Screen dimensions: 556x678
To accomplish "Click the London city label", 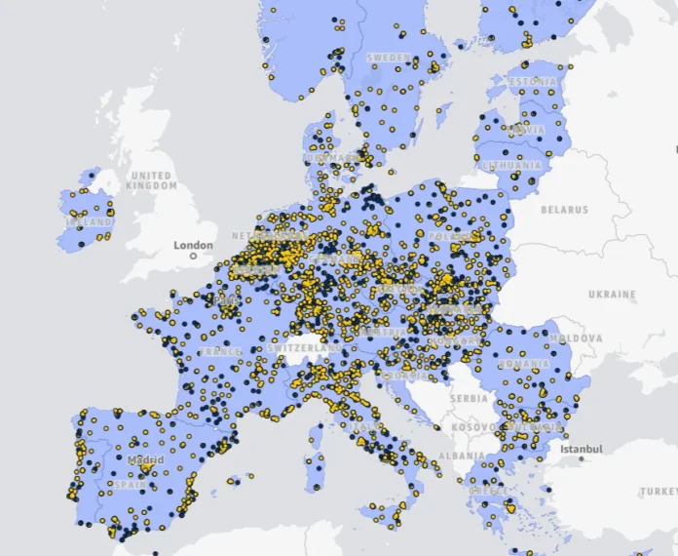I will coord(193,245).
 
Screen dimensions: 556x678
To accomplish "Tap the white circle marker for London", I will coord(193,256).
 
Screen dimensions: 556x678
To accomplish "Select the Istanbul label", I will coord(583,449).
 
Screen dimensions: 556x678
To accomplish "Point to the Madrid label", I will coord(145,459).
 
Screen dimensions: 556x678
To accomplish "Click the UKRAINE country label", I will coord(612,294).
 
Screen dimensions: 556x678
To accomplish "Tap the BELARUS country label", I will coord(565,210).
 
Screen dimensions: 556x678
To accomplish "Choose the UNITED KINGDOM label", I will coord(152,180).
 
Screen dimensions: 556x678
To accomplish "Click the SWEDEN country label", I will coord(390,59).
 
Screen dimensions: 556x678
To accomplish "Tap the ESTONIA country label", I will coord(532,81).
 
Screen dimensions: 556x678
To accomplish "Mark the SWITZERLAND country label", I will coord(305,347).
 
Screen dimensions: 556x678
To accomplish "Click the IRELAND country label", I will coord(89,222).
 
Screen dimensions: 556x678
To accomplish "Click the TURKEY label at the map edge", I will coord(662,492).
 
